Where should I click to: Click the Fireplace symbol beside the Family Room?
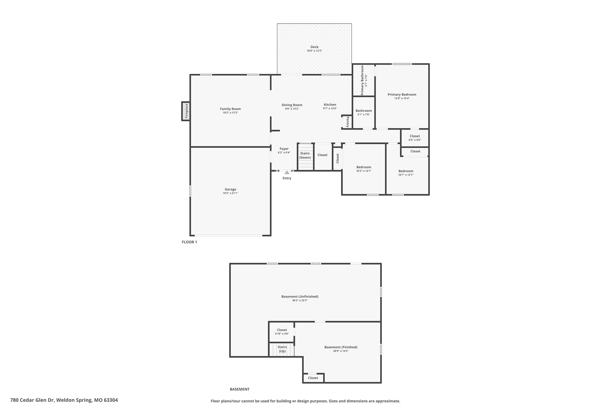[186, 111]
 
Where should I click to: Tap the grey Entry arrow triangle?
[287, 173]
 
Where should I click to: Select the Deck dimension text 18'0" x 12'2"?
[314, 51]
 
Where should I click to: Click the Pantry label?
[348, 122]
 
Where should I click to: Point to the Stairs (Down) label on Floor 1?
[305, 155]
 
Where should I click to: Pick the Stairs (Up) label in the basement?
[282, 349]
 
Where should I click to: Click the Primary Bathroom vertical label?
[362, 80]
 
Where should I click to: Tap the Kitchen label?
[330, 105]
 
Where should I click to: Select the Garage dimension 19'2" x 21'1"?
[230, 193]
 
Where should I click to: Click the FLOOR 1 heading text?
[189, 242]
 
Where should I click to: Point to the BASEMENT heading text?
[239, 389]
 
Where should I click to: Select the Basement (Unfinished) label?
[300, 297]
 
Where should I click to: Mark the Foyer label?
[284, 149]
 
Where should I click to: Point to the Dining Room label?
[291, 105]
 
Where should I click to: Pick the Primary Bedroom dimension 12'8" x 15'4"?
[402, 98]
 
